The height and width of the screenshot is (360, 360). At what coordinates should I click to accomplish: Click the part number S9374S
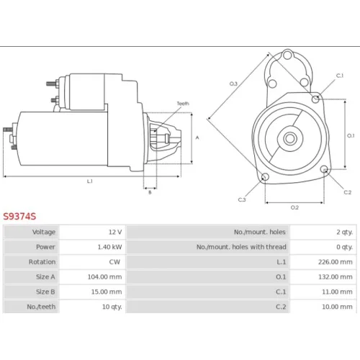coord(19,217)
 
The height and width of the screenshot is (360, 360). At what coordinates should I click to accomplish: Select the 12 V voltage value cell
coord(115,232)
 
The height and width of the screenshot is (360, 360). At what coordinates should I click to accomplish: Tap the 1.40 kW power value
coord(109,247)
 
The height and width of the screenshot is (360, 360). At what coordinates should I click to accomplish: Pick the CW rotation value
coord(114,262)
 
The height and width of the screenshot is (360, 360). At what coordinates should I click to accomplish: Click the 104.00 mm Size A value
coord(104,276)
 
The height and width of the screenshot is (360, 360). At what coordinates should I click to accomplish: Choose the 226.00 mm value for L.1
coord(336,262)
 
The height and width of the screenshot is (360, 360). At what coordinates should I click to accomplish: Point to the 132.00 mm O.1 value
coord(336,276)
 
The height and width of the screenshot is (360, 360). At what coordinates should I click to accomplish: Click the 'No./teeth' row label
coord(41,307)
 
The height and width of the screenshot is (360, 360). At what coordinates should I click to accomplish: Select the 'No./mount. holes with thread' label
coord(241,247)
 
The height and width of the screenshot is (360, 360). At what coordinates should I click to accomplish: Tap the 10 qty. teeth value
coord(112,307)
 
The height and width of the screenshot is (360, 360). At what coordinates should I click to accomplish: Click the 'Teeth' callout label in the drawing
coord(183,104)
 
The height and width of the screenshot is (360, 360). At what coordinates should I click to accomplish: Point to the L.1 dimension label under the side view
coord(89,181)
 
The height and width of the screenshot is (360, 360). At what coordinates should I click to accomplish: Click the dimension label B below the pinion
coord(150,192)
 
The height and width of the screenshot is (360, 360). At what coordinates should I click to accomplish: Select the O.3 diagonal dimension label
coord(233,84)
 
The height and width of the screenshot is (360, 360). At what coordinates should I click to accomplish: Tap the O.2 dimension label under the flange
coord(294,207)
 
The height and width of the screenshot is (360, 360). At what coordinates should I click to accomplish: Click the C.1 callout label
coord(340,76)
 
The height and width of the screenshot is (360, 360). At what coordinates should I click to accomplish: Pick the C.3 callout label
coord(242,199)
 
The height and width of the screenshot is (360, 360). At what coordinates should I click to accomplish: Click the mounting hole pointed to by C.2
coord(324,169)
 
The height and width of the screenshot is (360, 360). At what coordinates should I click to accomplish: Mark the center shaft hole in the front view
coord(290,138)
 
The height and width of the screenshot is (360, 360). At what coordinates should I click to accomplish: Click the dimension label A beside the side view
coord(197,138)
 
